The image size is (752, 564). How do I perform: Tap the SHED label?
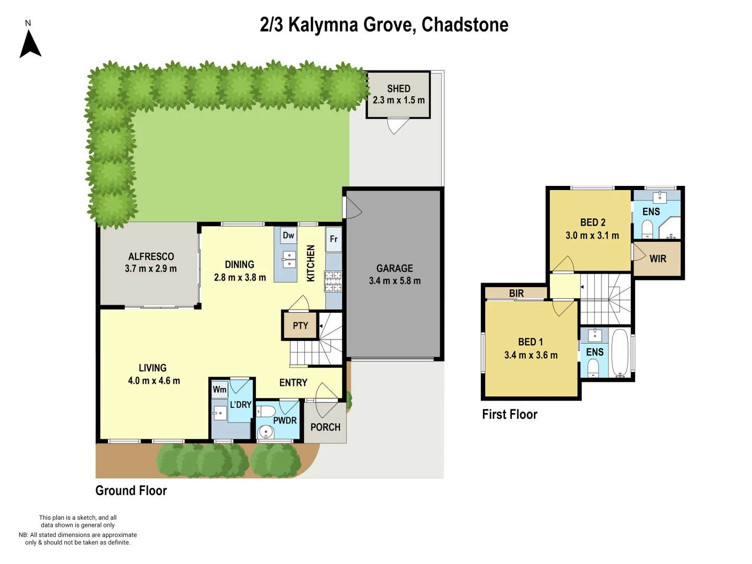point(398,89)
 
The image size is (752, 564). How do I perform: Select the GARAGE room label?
point(395,268)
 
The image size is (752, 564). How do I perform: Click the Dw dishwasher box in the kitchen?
point(288,235)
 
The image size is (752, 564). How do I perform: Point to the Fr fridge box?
point(334,239)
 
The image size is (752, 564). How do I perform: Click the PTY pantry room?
point(300,326)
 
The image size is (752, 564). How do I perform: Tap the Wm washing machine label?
point(219,390)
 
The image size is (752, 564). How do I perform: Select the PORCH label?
point(325,427)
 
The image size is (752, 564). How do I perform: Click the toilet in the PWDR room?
point(267,411)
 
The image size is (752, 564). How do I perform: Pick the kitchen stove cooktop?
point(333,281)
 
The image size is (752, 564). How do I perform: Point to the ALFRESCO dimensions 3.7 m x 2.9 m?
point(150,269)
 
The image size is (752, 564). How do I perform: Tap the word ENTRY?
point(293,383)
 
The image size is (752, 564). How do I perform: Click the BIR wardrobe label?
point(516,293)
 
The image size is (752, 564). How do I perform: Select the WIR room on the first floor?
point(657,258)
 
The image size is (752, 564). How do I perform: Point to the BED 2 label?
point(593,222)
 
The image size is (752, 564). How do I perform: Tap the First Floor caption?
point(509,415)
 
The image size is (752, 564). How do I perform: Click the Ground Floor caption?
point(131,491)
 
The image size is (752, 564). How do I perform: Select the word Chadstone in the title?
point(465,25)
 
